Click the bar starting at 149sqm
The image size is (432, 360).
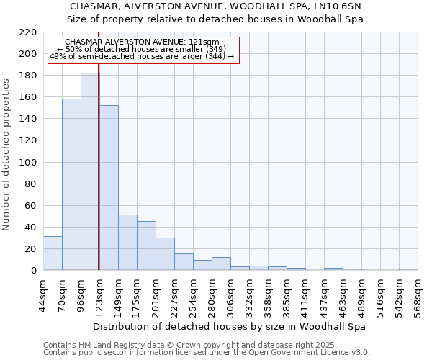pos(127,242)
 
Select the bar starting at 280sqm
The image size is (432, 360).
pos(221,264)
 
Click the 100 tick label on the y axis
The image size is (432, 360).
pos(29,163)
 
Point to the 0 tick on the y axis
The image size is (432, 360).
pos(34,271)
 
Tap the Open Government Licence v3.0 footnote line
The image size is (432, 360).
pos(207,352)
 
